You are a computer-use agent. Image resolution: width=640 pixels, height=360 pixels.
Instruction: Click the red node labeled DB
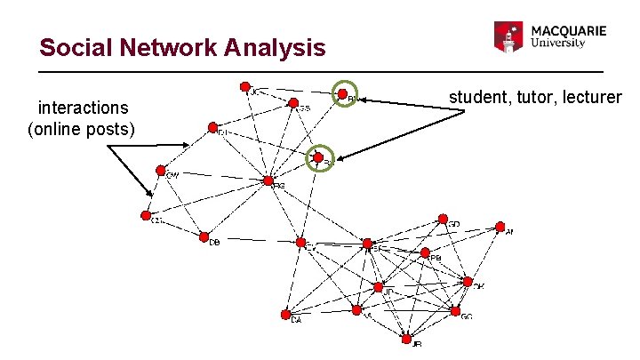(204, 237)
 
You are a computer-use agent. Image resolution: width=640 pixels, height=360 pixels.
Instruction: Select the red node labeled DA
(285, 313)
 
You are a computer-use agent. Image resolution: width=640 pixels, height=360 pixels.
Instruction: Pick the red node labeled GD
(442, 219)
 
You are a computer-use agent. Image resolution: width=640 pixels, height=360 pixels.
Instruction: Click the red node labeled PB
(425, 252)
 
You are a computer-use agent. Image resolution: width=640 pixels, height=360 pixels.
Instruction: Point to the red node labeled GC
(455, 312)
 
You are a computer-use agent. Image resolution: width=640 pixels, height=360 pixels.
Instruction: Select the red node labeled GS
(291, 102)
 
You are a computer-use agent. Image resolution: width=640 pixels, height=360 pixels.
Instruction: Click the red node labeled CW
(161, 170)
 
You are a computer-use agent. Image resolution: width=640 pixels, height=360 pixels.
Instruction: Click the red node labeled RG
(268, 180)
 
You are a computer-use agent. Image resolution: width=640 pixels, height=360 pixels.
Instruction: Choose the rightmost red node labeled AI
(498, 227)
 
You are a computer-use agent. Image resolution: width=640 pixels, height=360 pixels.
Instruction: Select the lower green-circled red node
(318, 158)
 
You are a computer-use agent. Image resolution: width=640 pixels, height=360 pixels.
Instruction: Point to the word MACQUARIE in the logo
(569, 30)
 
